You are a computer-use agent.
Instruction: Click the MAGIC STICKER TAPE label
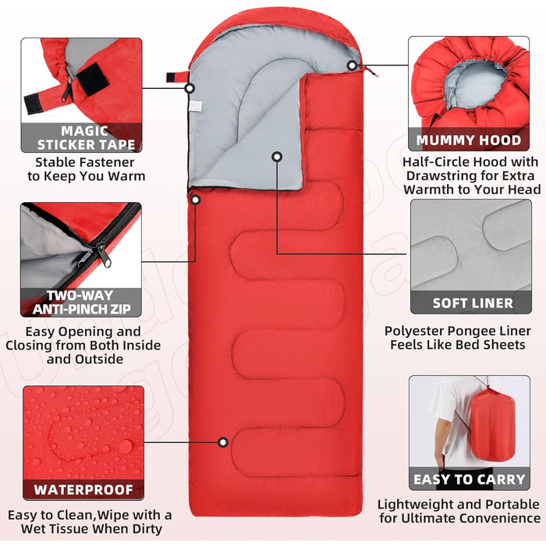pyautogui.click(x=86, y=138)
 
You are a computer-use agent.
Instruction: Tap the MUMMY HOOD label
pyautogui.click(x=469, y=140)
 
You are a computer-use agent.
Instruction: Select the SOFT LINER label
pyautogui.click(x=473, y=303)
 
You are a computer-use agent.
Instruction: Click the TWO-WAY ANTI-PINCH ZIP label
pyautogui.click(x=81, y=303)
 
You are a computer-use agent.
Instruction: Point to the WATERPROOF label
pyautogui.click(x=83, y=490)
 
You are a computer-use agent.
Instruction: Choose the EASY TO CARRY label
pyautogui.click(x=470, y=480)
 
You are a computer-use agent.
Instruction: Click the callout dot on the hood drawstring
pyautogui.click(x=353, y=65)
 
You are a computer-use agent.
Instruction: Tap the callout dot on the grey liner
pyautogui.click(x=277, y=157)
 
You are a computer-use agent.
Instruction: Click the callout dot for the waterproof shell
pyautogui.click(x=223, y=442)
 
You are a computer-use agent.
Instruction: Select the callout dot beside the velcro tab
pyautogui.click(x=190, y=88)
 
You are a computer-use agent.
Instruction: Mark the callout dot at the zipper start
pyautogui.click(x=196, y=200)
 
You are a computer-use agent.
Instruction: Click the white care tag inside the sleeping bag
pyautogui.click(x=196, y=106)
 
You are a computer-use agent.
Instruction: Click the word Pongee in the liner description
pyautogui.click(x=468, y=331)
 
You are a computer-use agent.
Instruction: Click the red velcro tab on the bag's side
pyautogui.click(x=177, y=76)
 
